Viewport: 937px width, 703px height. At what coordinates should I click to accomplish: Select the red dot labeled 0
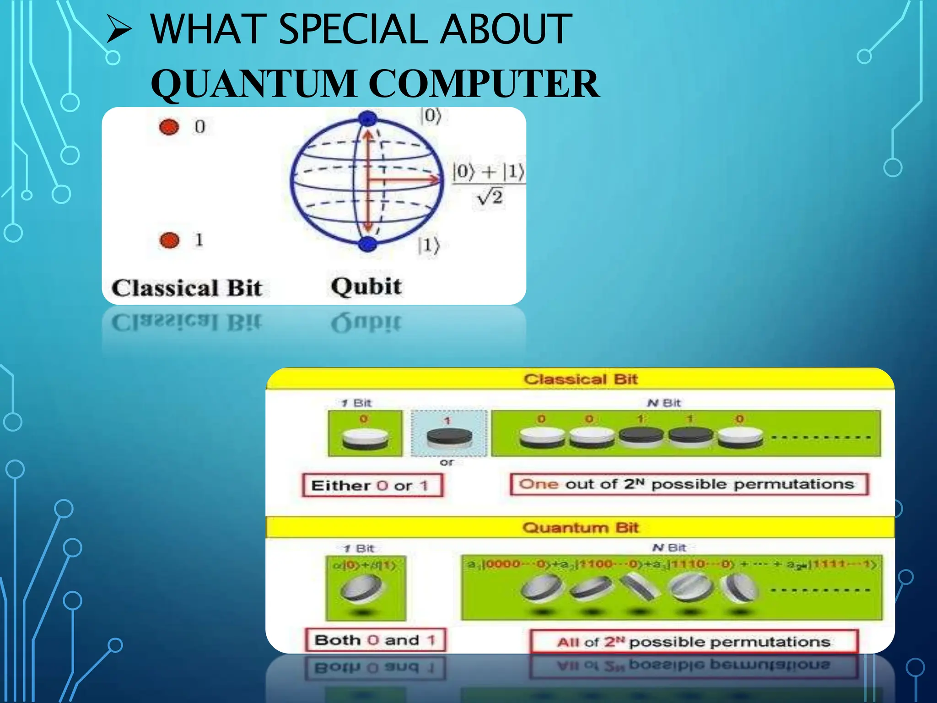tap(169, 127)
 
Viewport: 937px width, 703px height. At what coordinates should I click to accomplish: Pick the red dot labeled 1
tap(169, 240)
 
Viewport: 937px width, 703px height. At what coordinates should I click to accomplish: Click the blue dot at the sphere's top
tap(367, 119)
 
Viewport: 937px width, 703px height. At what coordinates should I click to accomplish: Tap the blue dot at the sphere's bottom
tap(367, 243)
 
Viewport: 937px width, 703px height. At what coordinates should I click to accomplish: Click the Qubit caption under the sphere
tap(366, 287)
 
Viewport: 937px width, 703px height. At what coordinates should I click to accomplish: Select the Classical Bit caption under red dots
tap(187, 288)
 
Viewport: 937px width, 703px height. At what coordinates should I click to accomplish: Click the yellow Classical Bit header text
tap(580, 379)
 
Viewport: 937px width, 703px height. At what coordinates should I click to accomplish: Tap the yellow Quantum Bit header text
tap(580, 527)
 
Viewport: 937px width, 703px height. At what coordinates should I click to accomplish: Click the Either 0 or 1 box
tap(372, 485)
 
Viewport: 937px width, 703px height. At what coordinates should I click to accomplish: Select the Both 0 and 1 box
tap(375, 640)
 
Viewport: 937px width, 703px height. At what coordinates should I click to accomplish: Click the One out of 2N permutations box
tap(689, 484)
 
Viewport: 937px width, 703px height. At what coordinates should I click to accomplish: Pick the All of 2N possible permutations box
tap(694, 642)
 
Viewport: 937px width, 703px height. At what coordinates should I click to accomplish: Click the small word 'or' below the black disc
tap(447, 462)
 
